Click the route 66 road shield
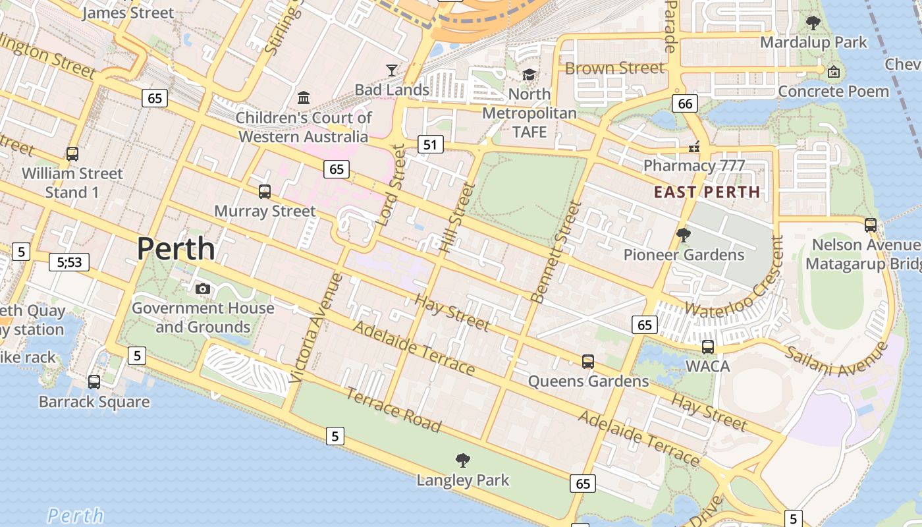pyautogui.click(x=685, y=103)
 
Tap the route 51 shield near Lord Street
pyautogui.click(x=429, y=144)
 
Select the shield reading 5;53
pyautogui.click(x=69, y=262)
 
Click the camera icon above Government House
pyautogui.click(x=203, y=289)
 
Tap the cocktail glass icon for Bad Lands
pyautogui.click(x=392, y=70)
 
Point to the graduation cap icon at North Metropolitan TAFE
pyautogui.click(x=529, y=74)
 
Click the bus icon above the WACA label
pyautogui.click(x=708, y=347)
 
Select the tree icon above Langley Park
pyautogui.click(x=463, y=460)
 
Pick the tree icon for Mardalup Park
pyautogui.click(x=813, y=23)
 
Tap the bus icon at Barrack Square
pyautogui.click(x=94, y=382)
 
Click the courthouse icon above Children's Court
pyautogui.click(x=304, y=98)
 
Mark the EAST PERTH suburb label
pyautogui.click(x=707, y=192)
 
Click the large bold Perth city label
pyautogui.click(x=176, y=249)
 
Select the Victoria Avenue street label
pyautogui.click(x=316, y=327)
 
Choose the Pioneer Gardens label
pyautogui.click(x=684, y=255)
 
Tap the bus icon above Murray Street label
pyautogui.click(x=265, y=192)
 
